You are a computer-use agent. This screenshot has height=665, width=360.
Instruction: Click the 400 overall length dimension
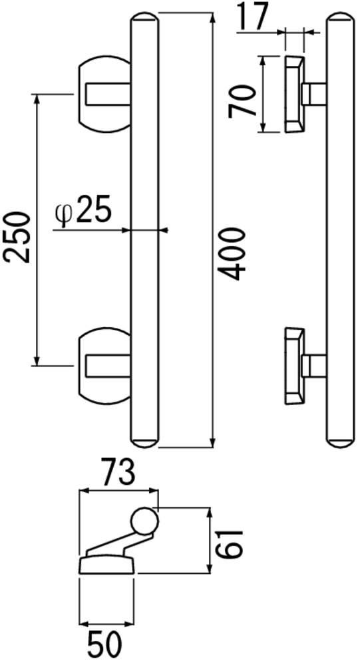pyautogui.click(x=234, y=254)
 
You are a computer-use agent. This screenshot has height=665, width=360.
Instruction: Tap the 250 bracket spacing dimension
pyautogui.click(x=17, y=237)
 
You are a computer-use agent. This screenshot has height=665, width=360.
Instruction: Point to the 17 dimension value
pyautogui.click(x=253, y=16)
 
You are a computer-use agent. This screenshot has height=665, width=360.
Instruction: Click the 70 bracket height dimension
pyautogui.click(x=242, y=102)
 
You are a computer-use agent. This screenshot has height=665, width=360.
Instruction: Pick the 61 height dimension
pyautogui.click(x=229, y=543)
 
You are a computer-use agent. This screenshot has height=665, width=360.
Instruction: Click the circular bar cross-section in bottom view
pyautogui.click(x=145, y=521)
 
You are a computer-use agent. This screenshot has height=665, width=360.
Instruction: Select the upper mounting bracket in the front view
pyautogui.click(x=104, y=94)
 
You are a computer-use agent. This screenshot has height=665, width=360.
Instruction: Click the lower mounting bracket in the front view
pyautogui.click(x=104, y=366)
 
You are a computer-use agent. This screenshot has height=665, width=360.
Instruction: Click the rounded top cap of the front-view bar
pyautogui.click(x=145, y=18)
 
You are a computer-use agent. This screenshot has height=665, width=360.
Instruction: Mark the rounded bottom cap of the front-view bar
pyautogui.click(x=145, y=442)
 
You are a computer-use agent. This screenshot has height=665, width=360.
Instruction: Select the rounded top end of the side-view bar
pyautogui.click(x=341, y=18)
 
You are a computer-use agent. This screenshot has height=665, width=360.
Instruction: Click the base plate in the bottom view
pyautogui.click(x=106, y=566)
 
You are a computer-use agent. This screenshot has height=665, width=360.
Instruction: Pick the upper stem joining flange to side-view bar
pyautogui.click(x=315, y=94)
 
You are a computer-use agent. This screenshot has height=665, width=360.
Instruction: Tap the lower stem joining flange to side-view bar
pyautogui.click(x=315, y=366)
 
